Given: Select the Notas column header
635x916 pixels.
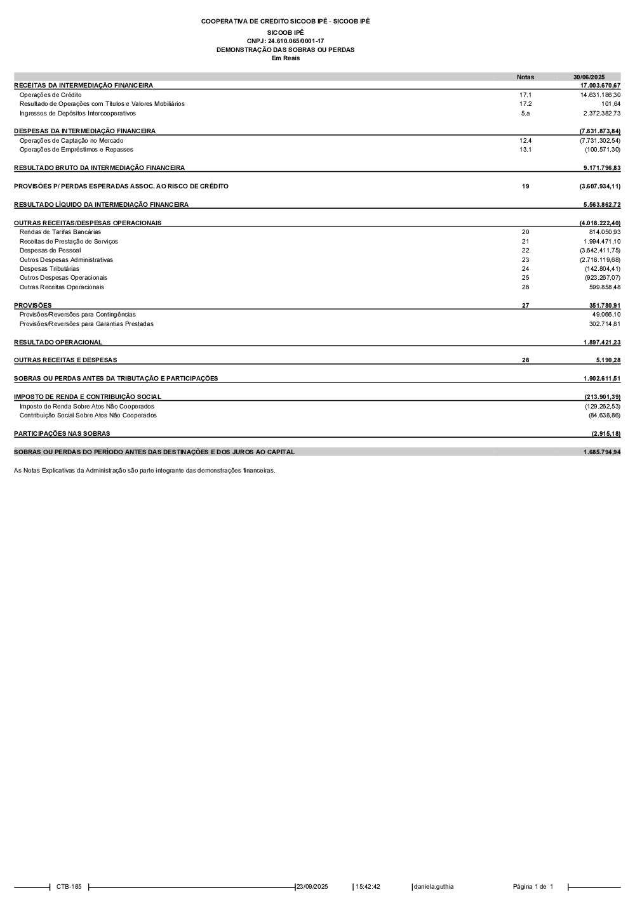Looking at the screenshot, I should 525,77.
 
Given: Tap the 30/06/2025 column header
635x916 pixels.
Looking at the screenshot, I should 589,77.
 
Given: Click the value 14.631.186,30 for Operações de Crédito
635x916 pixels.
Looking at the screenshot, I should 600,95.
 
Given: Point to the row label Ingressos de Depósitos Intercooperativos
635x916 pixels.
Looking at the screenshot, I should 77,114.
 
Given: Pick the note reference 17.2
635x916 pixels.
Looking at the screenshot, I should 525,104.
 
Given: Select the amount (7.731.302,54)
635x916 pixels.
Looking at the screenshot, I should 599,141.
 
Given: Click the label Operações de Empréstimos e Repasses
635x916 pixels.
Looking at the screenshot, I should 76,150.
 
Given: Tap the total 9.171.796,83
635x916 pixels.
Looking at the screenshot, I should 601,168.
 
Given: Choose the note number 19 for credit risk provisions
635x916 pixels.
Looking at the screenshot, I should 525,186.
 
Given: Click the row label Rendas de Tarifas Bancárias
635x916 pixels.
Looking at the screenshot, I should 60,232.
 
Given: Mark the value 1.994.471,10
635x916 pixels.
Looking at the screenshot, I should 601,242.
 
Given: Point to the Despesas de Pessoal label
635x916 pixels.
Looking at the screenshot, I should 50,251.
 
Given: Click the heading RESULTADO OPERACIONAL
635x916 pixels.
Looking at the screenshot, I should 58,343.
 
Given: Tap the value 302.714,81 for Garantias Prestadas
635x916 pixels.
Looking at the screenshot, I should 605,324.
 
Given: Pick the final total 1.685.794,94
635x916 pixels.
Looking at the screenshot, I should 601,452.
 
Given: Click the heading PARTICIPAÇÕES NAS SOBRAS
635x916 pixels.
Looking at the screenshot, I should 62,434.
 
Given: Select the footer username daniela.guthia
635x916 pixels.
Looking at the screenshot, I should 434,887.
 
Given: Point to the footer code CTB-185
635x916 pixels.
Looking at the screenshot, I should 69,887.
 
